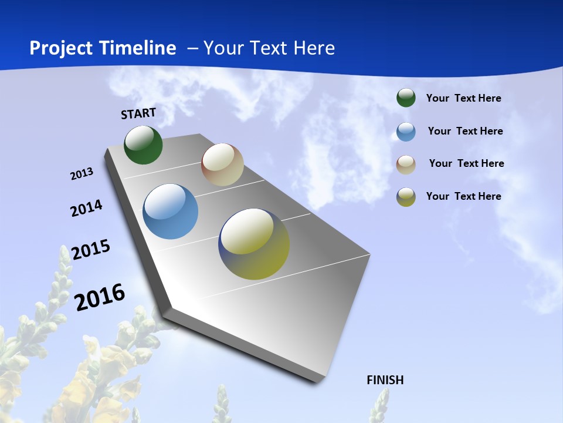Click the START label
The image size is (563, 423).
[x=138, y=113]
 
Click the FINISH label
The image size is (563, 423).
[x=385, y=380]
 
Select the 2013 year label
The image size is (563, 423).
[x=82, y=174]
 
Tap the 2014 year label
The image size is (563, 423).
[x=86, y=208]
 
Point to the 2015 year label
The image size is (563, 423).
[x=91, y=250]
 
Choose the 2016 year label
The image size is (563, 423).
[x=100, y=297]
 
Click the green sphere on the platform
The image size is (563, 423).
[x=143, y=145]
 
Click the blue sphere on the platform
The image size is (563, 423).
[x=170, y=211]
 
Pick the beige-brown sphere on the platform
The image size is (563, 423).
[x=222, y=164]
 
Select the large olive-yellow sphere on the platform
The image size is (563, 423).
[x=254, y=244]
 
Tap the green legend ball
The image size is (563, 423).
[x=406, y=98]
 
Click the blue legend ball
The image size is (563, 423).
[x=406, y=132]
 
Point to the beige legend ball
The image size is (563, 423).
[x=406, y=164]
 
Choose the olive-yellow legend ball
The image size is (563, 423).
[x=406, y=197]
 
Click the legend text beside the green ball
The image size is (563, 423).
[x=463, y=98]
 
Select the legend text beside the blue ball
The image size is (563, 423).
[x=465, y=131]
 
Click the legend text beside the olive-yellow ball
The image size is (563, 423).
[x=463, y=196]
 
